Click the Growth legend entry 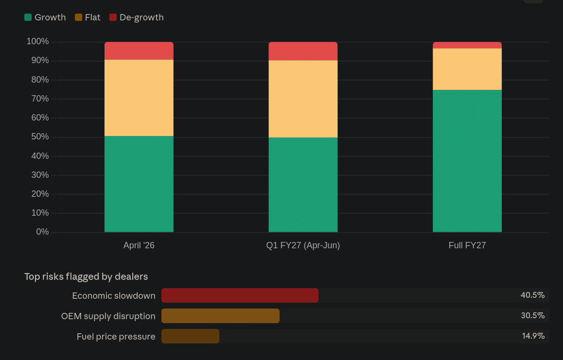tap(45, 17)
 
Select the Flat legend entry tap(88, 17)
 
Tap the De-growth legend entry tap(137, 17)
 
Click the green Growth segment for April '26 tap(139, 184)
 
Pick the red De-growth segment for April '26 tap(139, 51)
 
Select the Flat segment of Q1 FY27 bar tap(303, 99)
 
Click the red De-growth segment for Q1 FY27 tap(303, 51)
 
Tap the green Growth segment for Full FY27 tap(467, 161)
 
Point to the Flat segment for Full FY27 tap(467, 69)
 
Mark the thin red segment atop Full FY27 tap(467, 45)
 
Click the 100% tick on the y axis tap(38, 42)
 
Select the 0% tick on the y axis tap(42, 232)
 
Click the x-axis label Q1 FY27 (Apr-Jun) tap(303, 245)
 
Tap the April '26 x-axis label tap(139, 245)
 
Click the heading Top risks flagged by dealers tap(86, 276)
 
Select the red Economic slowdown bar tap(240, 295)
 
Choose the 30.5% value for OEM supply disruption tap(532, 316)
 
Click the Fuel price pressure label tap(116, 336)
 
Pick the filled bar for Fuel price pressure tap(190, 336)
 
